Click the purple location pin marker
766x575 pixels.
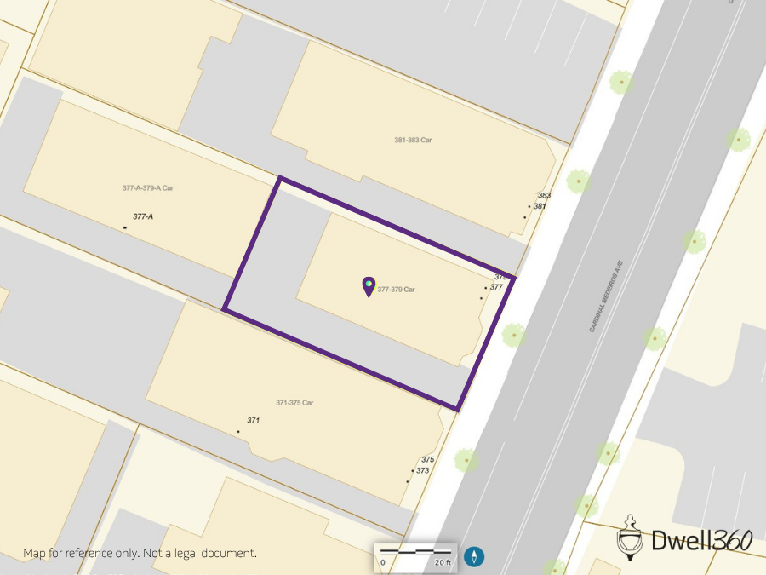[369, 286]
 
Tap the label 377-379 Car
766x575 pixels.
[397, 290]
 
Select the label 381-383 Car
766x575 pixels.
[413, 140]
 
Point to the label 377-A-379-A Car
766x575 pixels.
[148, 187]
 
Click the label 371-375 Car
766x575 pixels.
[294, 403]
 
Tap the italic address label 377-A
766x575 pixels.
[143, 217]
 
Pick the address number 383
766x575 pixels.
[545, 196]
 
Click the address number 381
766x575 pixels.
[540, 206]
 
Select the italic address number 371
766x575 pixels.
[253, 422]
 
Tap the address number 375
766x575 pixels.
[427, 460]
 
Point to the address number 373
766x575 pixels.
[423, 471]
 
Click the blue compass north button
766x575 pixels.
[474, 557]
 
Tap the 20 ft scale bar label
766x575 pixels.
[443, 562]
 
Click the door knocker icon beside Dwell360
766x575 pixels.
[630, 536]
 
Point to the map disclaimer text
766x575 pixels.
[140, 553]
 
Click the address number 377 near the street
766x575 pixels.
[496, 287]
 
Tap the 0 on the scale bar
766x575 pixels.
[383, 562]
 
